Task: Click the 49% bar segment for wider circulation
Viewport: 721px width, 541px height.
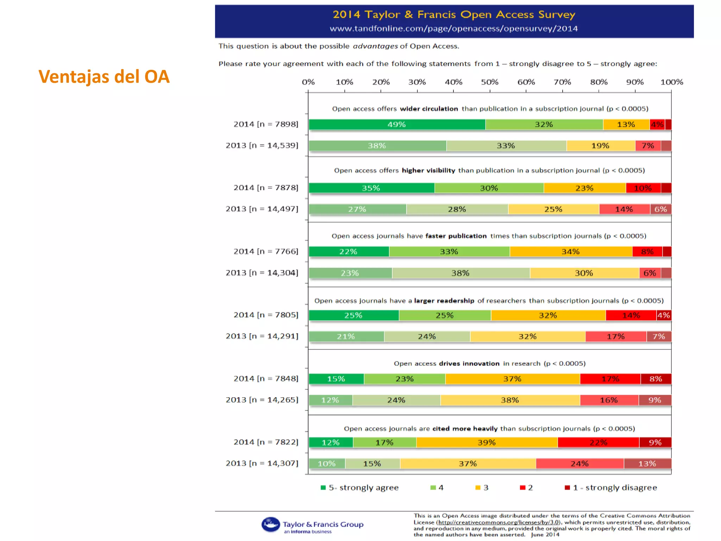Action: coord(397,125)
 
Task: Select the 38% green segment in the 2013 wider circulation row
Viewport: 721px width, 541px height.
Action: coord(377,146)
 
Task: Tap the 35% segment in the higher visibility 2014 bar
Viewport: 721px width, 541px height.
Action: coord(371,188)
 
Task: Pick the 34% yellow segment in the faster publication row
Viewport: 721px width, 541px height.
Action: coord(571,252)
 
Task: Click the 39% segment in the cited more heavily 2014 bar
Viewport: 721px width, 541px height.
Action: coord(487,443)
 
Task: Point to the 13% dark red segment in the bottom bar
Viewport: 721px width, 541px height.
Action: coord(647,464)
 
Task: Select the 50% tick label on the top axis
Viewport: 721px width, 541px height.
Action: coord(490,82)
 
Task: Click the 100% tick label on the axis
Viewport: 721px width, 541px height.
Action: coord(671,82)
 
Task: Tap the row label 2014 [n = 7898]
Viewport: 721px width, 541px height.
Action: coord(266,124)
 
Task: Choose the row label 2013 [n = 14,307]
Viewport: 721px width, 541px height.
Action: coord(262,464)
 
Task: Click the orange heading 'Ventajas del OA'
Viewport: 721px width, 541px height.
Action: coord(104,77)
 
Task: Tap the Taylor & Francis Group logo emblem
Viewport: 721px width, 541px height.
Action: coord(270,524)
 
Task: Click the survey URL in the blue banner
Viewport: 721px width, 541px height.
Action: coord(454,29)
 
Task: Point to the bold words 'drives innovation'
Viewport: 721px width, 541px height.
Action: coord(469,364)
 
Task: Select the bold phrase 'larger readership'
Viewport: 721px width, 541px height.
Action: coord(444,301)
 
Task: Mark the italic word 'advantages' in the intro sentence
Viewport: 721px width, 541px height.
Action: coord(375,46)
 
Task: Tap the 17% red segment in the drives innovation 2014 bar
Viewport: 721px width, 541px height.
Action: coord(610,379)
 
